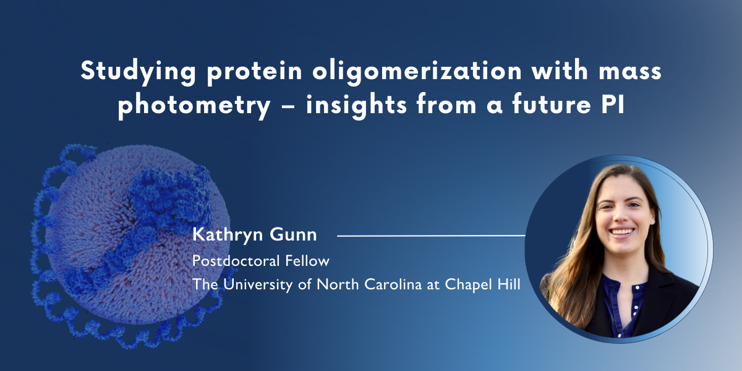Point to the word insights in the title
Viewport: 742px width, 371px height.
354,104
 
